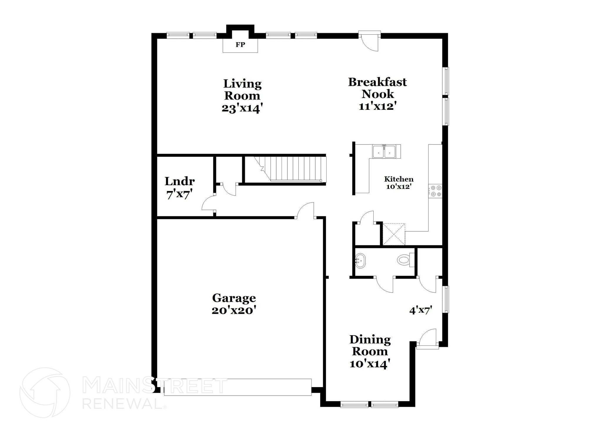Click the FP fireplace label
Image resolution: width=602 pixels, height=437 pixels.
240,45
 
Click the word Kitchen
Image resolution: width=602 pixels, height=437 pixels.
399,179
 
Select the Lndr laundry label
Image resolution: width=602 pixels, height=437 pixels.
180,181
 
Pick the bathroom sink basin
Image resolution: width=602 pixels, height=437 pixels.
360,260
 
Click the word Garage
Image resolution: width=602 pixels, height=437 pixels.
234,298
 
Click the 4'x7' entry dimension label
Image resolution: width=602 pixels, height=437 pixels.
420,310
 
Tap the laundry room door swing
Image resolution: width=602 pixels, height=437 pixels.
208,203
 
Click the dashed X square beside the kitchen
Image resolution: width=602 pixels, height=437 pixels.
394,234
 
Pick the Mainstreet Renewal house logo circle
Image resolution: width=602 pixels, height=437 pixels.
45,392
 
